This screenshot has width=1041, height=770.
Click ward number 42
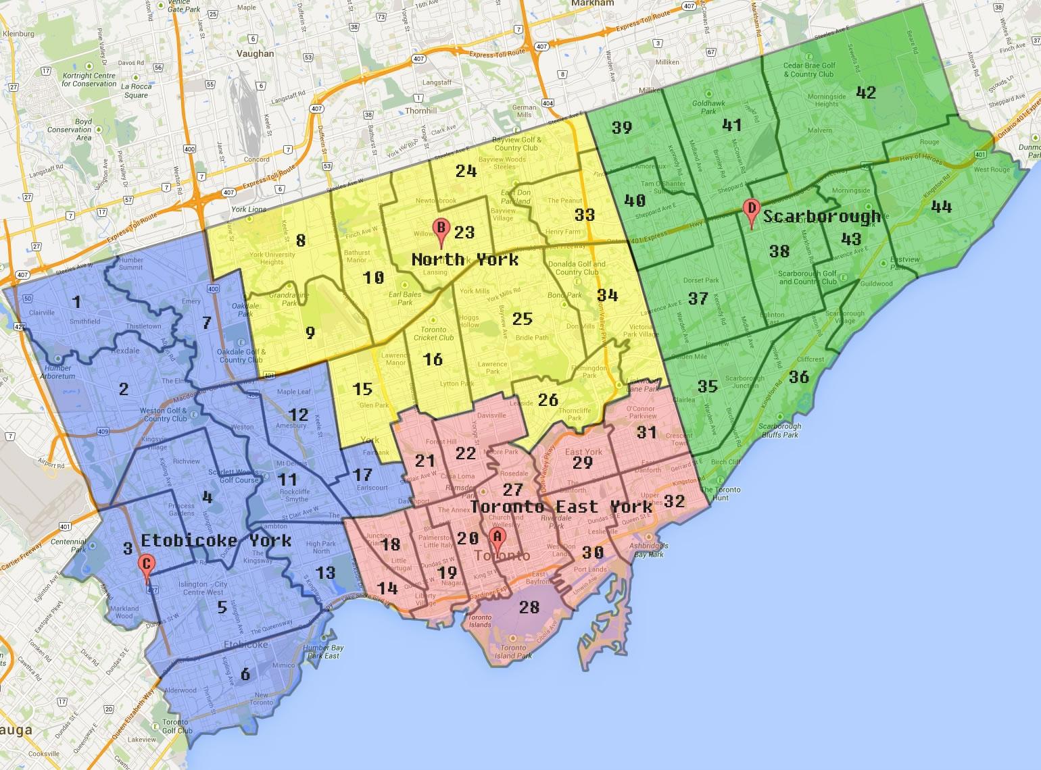(866, 93)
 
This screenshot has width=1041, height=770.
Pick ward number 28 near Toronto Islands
(529, 607)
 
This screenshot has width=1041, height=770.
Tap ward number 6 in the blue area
(245, 673)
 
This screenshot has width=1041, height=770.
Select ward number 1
(76, 302)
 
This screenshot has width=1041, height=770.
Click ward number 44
(941, 206)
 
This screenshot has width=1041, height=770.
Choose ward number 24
(466, 170)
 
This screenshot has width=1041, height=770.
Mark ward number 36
(799, 376)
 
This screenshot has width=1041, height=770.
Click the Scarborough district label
(822, 216)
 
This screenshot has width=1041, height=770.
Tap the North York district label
(465, 259)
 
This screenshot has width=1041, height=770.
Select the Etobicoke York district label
(216, 540)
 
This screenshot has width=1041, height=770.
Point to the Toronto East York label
(562, 507)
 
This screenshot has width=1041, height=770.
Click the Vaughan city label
(256, 53)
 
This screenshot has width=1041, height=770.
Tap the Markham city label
(591, 3)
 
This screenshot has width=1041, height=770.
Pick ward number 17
(362, 474)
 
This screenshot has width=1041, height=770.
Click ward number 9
(310, 332)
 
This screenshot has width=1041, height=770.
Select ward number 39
(621, 127)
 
